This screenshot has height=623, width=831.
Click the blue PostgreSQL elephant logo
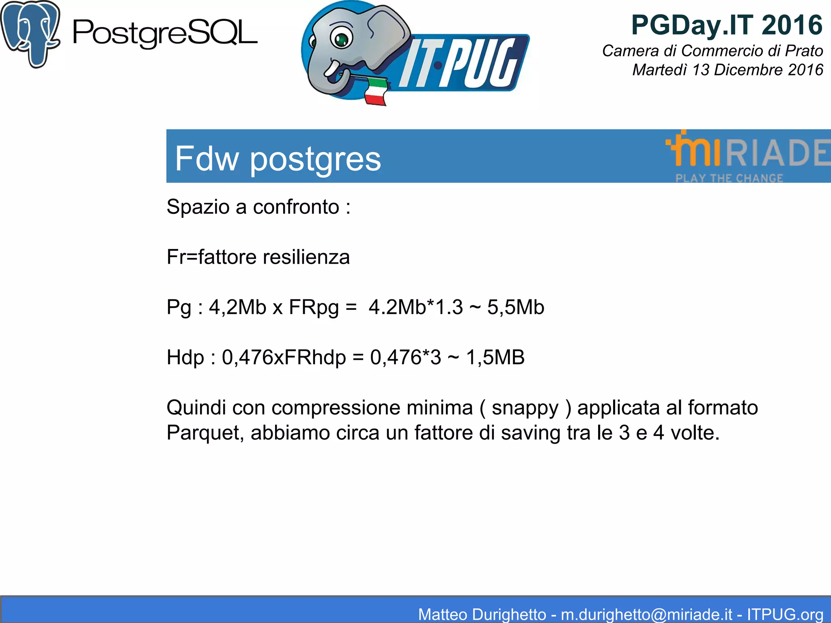pos(30,33)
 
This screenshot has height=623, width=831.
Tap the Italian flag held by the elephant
pos(375,91)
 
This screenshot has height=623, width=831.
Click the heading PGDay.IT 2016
pos(726,25)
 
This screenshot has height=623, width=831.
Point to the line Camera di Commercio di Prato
pos(712,51)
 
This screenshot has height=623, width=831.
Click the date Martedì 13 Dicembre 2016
pos(727,70)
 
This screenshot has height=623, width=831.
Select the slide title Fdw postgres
pos(278,159)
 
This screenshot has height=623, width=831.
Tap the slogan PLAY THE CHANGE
pos(729,178)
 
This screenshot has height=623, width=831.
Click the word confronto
pos(296,207)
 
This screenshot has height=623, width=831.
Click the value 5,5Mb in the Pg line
pos(515,307)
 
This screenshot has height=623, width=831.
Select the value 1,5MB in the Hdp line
pos(495,357)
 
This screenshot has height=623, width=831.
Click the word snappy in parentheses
pos(525,408)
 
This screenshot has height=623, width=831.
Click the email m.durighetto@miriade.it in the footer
pos(647,614)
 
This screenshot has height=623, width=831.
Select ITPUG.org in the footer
pos(785,614)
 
